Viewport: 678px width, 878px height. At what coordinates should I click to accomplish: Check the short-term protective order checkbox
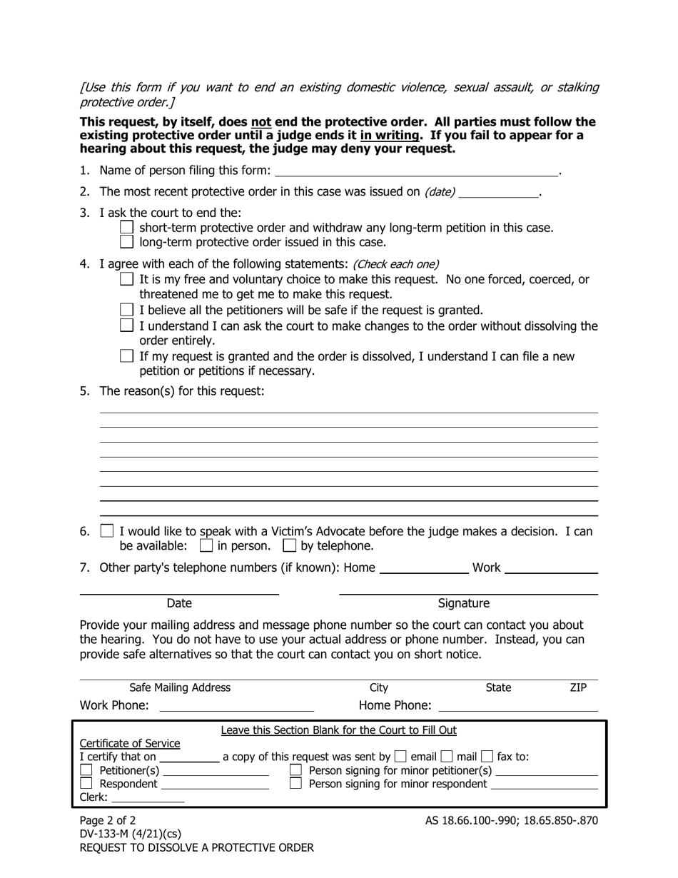tap(126, 228)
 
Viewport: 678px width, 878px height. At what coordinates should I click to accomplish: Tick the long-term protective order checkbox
tap(126, 242)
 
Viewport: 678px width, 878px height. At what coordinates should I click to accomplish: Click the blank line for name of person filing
tap(416, 171)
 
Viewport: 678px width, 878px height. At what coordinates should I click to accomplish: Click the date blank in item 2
tap(498, 192)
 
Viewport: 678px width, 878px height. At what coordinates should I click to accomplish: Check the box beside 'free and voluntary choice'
tap(126, 279)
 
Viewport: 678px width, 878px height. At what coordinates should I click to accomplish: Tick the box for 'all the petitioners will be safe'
tap(126, 310)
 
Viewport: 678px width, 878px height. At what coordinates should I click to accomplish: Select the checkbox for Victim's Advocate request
tap(107, 531)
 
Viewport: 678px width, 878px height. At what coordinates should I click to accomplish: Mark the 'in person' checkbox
tap(206, 546)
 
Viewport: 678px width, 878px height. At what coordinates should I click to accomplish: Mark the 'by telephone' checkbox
tap(289, 546)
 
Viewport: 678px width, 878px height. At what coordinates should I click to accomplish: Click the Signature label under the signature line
tap(463, 603)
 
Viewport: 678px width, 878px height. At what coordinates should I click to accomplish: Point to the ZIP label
tap(578, 687)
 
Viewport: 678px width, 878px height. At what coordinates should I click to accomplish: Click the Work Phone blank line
tap(236, 706)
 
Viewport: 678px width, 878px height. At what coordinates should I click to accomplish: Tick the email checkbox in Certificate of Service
tap(400, 757)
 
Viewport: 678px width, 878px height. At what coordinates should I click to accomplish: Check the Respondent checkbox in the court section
tap(86, 784)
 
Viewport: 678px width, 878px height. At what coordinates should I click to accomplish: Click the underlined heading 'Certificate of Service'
tap(130, 743)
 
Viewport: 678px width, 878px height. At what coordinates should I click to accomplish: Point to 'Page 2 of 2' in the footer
tap(107, 820)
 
